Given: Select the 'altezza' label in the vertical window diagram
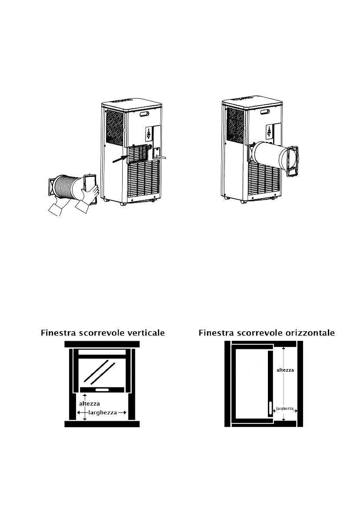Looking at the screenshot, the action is pyautogui.click(x=90, y=403).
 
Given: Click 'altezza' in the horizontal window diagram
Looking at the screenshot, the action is pyautogui.click(x=285, y=370).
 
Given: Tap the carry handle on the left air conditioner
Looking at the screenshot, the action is pyautogui.click(x=143, y=115).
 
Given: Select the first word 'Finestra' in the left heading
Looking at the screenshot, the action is pyautogui.click(x=58, y=333).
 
